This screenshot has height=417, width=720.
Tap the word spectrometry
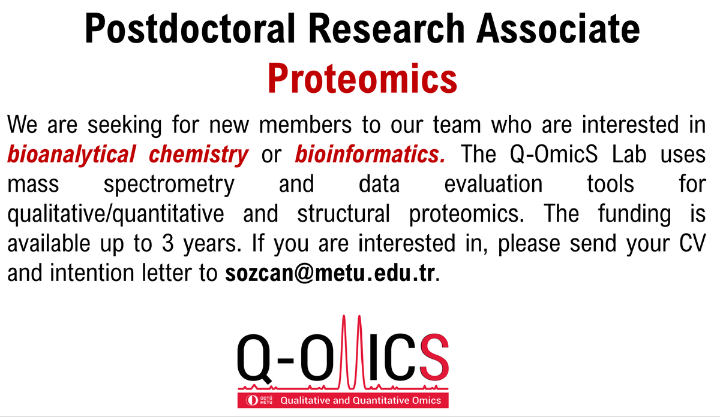(169, 184)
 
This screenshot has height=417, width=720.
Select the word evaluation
(493, 184)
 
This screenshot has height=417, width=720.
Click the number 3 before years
(168, 244)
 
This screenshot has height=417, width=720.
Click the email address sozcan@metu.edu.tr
(332, 274)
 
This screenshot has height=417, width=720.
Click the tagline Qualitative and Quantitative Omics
(361, 400)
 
